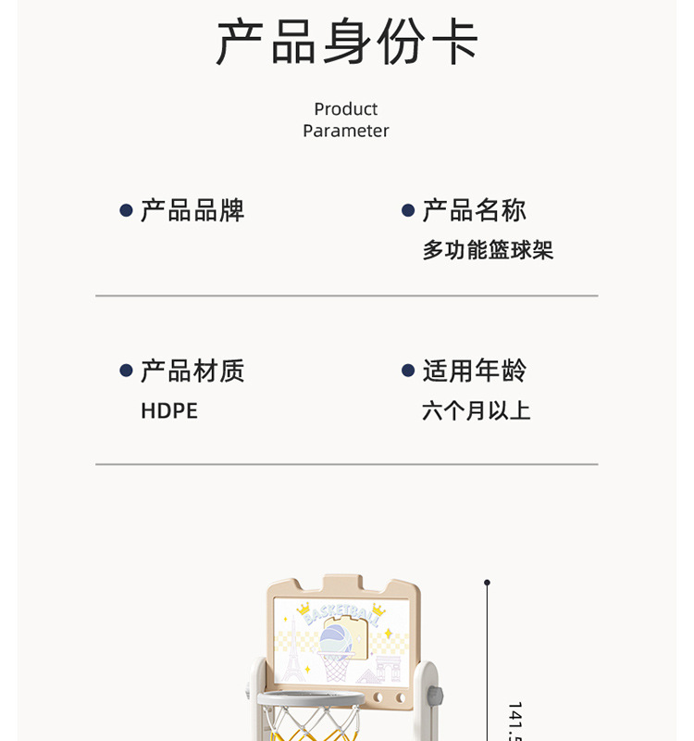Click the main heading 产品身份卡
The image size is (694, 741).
[x=347, y=42]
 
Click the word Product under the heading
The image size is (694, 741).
[x=346, y=109]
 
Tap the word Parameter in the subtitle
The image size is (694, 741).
[x=346, y=131]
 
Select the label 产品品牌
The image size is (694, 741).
[x=192, y=210]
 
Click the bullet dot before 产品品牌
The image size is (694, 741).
[x=127, y=211]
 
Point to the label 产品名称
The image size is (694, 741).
[x=475, y=210]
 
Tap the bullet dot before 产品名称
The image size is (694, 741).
[x=408, y=211]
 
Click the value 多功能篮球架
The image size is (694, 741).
[x=488, y=250]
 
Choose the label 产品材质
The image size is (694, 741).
[x=192, y=370]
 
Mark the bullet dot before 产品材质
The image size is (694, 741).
[x=127, y=371]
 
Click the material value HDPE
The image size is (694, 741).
[x=169, y=411]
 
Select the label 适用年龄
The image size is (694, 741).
[x=475, y=370]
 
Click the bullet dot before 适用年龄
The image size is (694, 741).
[x=408, y=371]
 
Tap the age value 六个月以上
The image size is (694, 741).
[x=477, y=411]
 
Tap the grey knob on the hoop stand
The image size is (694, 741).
[x=436, y=695]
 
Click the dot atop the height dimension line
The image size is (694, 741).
[x=488, y=583]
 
